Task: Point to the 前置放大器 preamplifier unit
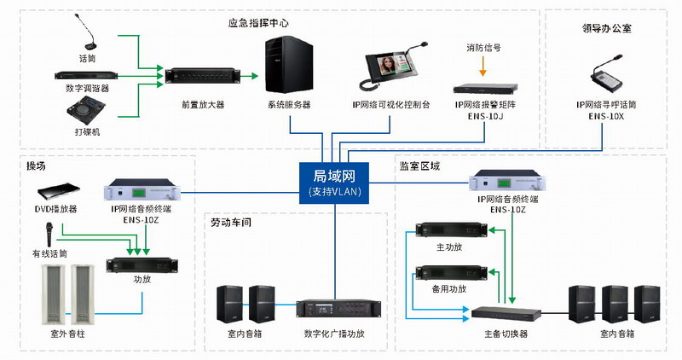(x=202, y=77)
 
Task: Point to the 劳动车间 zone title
(x=234, y=223)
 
